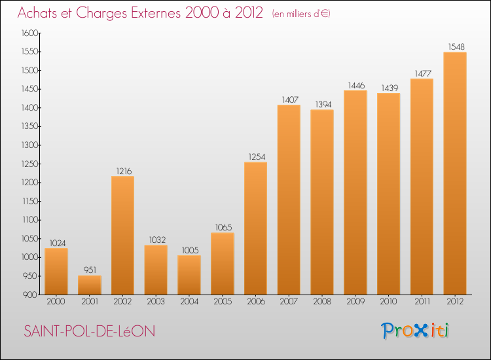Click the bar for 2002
point(122,236)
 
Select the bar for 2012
point(455,173)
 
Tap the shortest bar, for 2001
point(90,285)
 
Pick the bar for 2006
point(255,228)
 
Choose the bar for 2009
point(355,192)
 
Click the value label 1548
point(456,46)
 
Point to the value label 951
point(90,270)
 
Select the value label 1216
point(122,171)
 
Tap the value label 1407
point(289,99)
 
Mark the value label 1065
point(223,227)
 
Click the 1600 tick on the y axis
point(29,33)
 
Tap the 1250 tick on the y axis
point(29,164)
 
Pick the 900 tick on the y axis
point(31,295)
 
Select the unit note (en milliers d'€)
point(302,13)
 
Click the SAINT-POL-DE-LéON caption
point(90,331)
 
